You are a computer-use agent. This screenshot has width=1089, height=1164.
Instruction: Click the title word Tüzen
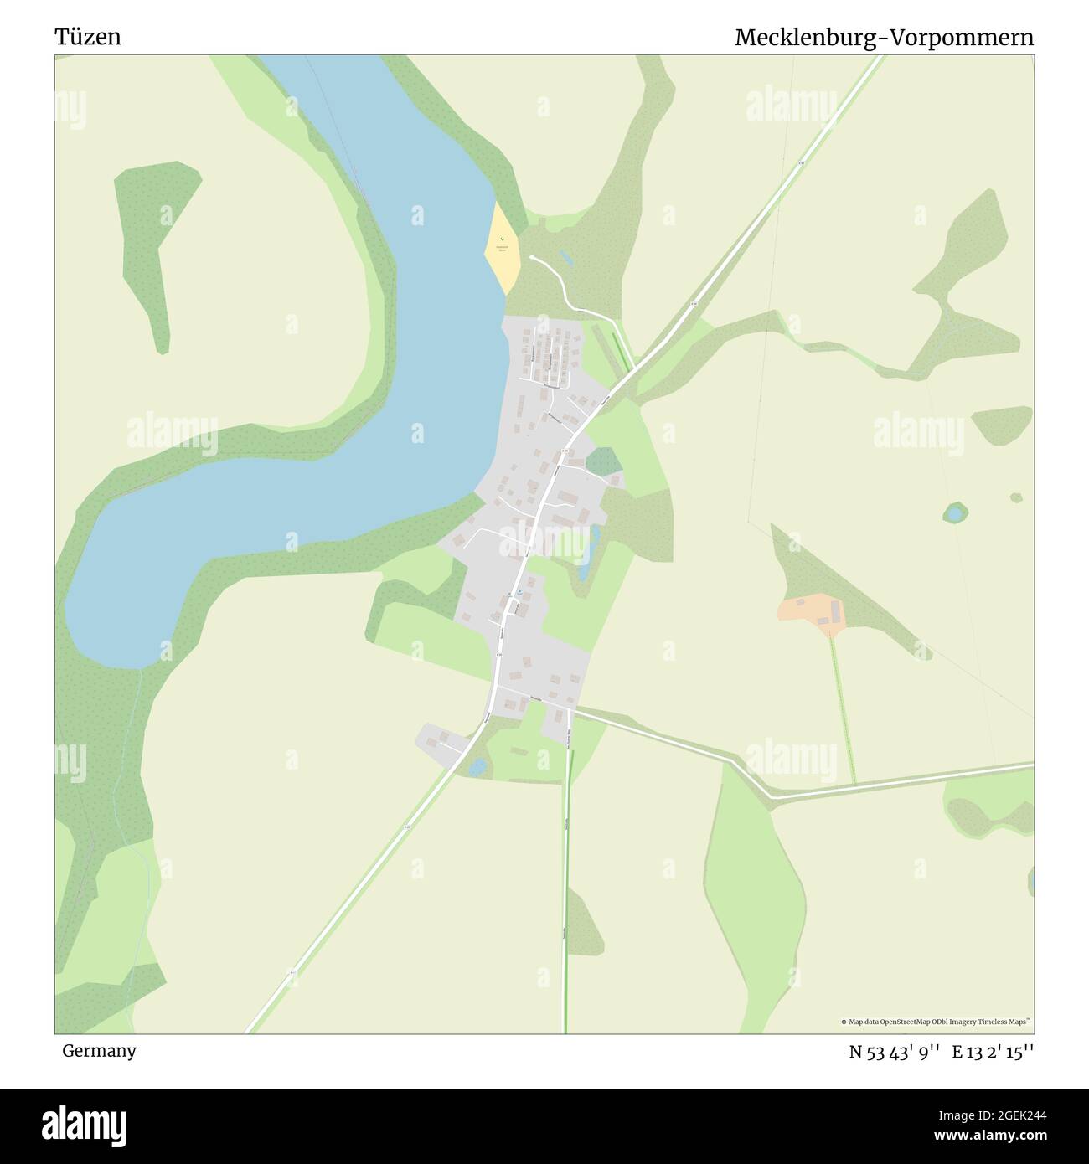click(88, 37)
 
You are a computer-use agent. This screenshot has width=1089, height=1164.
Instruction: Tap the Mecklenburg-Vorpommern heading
click(884, 38)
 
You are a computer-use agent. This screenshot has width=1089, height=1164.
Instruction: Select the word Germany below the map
click(99, 1051)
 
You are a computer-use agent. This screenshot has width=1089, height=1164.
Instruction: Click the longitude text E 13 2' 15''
click(993, 1052)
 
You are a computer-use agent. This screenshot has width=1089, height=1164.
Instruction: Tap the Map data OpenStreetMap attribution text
click(936, 1022)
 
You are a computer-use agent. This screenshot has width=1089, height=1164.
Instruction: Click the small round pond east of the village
click(954, 512)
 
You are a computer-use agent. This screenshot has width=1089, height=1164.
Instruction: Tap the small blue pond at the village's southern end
click(477, 766)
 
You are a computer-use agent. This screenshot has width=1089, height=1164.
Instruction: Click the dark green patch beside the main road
click(603, 461)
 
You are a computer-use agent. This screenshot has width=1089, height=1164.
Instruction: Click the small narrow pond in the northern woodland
click(565, 258)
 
